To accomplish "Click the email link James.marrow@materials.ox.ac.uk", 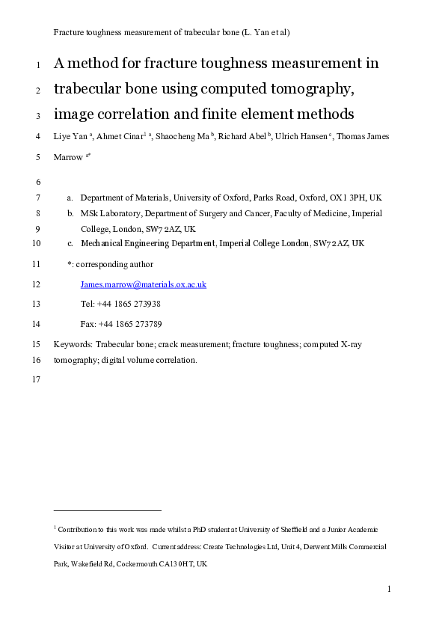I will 143,285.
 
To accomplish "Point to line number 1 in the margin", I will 37,64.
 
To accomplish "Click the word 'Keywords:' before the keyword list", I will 73,344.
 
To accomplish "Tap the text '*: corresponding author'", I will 110,264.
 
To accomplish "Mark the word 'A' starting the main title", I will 60,64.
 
